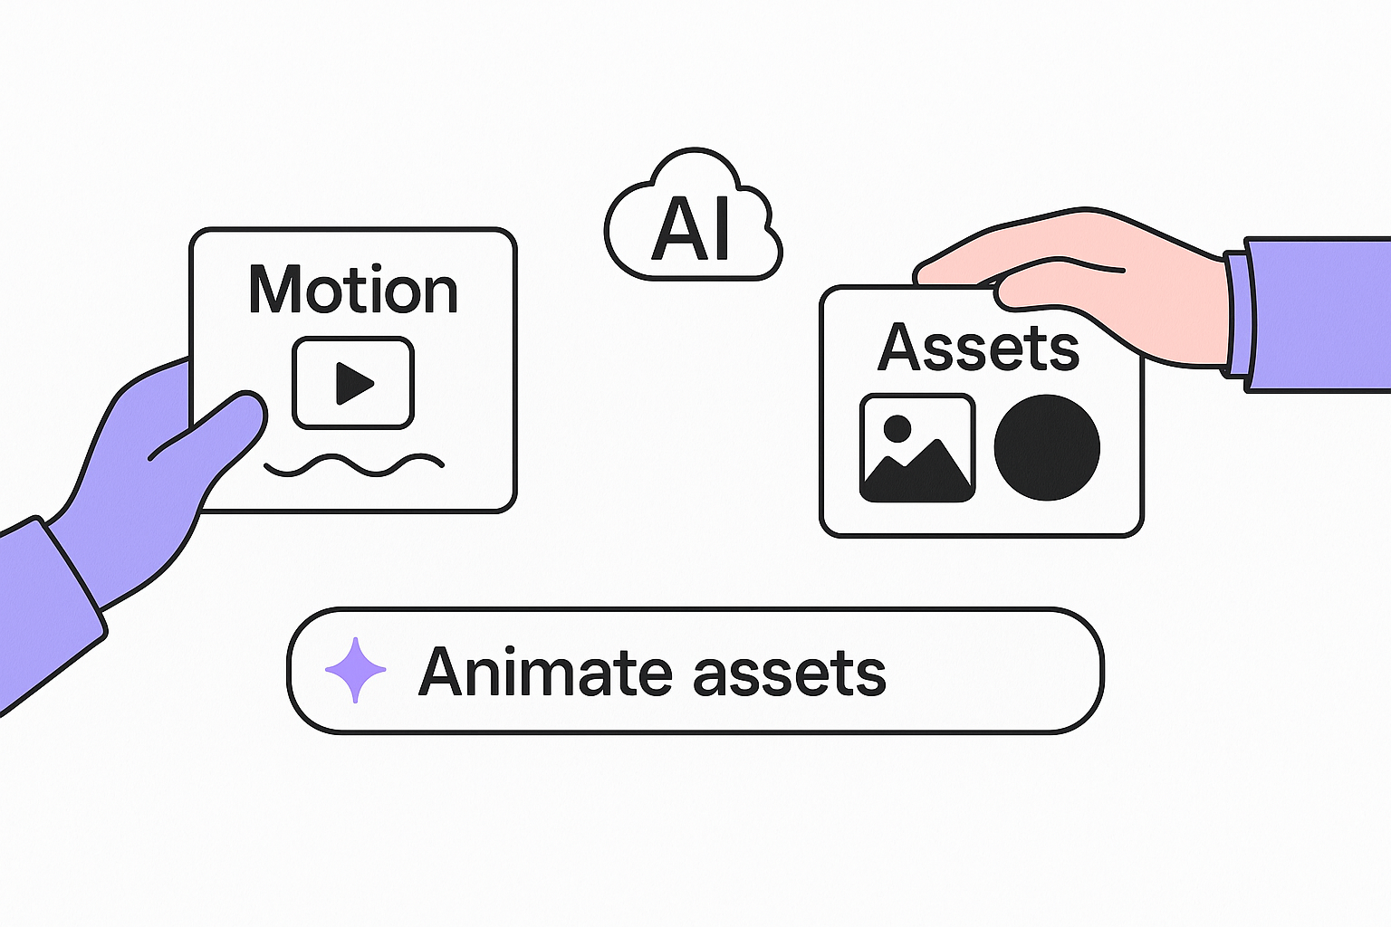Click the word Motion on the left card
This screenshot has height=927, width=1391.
tap(353, 290)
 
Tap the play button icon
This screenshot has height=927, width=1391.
tap(353, 382)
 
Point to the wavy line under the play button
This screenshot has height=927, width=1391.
tap(353, 465)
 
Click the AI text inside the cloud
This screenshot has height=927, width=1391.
tap(692, 228)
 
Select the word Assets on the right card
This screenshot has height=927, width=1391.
tap(978, 347)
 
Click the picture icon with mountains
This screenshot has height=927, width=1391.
tap(916, 448)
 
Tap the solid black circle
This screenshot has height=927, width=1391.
tap(1047, 447)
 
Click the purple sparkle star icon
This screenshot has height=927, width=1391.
tap(355, 670)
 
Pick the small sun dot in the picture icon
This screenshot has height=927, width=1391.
tap(897, 428)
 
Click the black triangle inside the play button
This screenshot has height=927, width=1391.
tap(353, 382)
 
